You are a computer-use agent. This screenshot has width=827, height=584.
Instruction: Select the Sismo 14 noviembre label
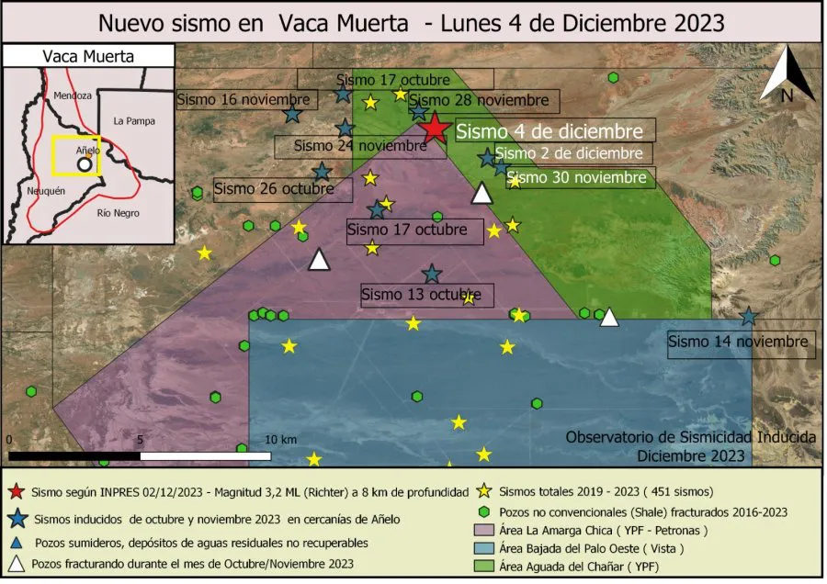[x=740, y=342]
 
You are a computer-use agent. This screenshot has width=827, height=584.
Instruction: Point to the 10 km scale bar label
[x=281, y=440]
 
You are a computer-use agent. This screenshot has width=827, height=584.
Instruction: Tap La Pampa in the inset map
[x=134, y=120]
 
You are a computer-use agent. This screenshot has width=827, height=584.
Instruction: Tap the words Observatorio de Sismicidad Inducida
[x=690, y=437]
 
